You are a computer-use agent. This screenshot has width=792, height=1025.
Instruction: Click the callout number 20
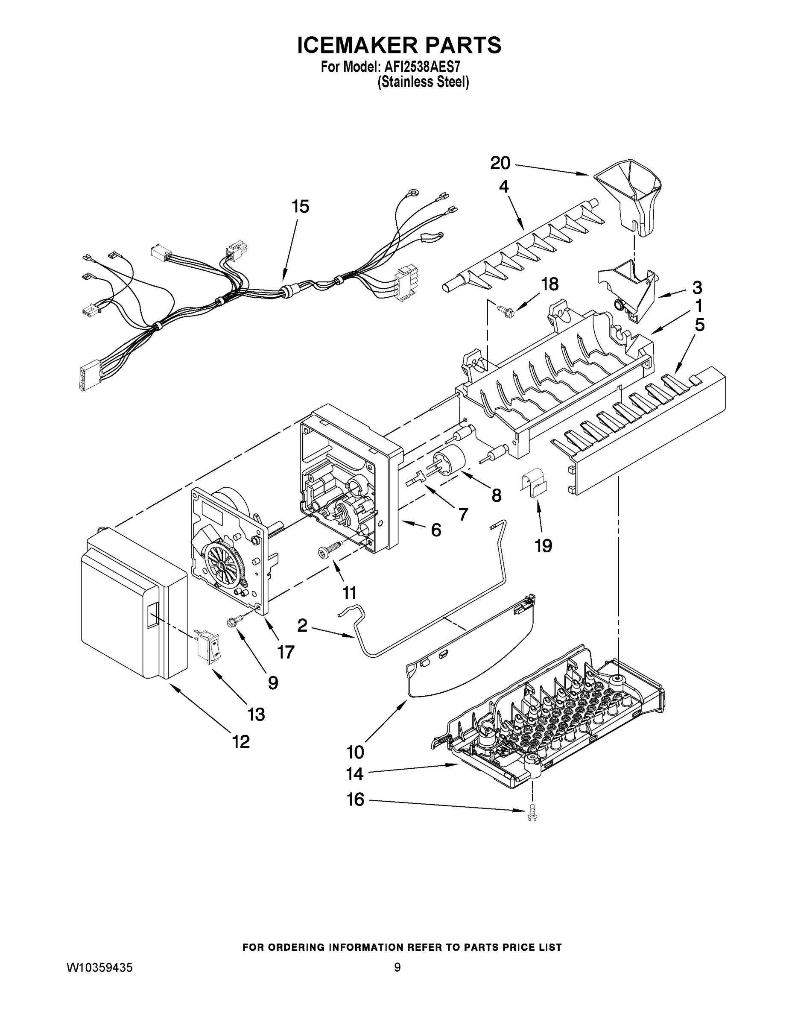(500, 163)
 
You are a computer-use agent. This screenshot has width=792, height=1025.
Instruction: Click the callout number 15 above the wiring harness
(301, 207)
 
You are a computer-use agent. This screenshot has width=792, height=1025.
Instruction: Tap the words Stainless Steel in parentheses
(423, 82)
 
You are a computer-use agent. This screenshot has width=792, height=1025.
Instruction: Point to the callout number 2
(302, 625)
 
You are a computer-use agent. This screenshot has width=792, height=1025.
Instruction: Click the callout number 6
(436, 530)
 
